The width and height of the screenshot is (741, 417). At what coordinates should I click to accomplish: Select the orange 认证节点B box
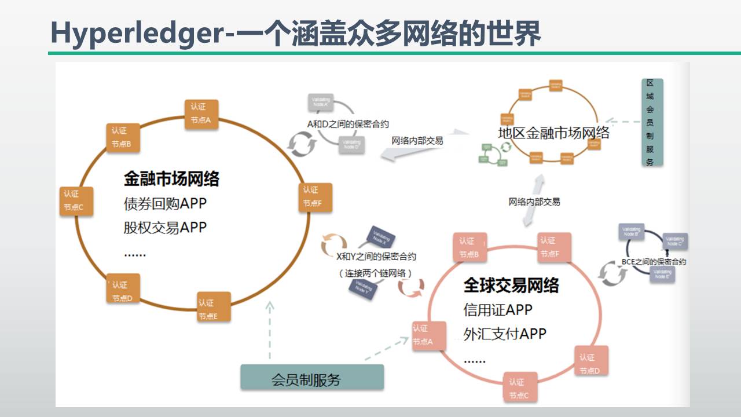(122, 137)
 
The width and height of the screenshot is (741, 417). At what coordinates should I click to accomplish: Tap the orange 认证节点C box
(76, 200)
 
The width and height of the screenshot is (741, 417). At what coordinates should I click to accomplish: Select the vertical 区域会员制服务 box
(651, 123)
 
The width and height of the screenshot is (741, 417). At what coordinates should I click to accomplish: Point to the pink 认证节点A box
(428, 335)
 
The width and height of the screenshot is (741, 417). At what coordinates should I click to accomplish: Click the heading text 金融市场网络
(171, 179)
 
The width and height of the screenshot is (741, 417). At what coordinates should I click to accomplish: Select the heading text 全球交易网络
(511, 286)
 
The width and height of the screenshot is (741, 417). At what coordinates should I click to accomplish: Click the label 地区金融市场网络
(554, 133)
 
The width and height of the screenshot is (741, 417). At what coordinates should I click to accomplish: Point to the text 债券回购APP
(165, 204)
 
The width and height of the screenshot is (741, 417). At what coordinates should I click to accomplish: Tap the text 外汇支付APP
(505, 334)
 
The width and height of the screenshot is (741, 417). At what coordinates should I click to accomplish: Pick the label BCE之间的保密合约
(654, 262)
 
